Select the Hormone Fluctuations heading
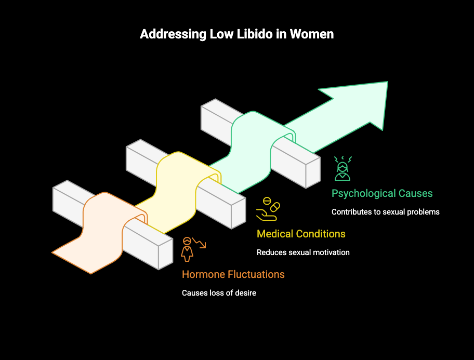click(233, 274)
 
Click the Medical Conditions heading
click(301, 234)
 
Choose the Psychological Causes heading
click(382, 193)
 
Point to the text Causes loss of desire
click(219, 293)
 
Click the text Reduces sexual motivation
click(303, 252)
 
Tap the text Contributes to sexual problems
click(386, 212)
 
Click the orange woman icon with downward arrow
click(192, 248)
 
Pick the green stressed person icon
click(343, 168)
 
